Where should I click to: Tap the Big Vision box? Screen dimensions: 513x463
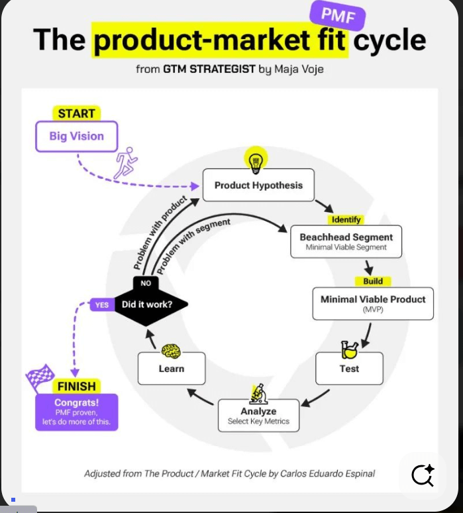click(x=76, y=137)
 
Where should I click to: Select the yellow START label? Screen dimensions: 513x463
click(x=76, y=113)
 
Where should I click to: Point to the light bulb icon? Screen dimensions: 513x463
click(x=255, y=160)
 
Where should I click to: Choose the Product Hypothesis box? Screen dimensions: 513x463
click(x=258, y=186)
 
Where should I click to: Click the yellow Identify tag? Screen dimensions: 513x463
click(x=345, y=219)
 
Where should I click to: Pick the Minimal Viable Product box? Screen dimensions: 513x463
click(x=373, y=304)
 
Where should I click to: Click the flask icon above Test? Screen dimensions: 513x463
click(x=349, y=350)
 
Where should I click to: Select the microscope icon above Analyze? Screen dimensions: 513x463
click(x=258, y=393)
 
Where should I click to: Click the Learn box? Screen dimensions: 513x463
click(x=172, y=369)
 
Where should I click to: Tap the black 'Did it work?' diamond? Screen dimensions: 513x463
click(x=146, y=305)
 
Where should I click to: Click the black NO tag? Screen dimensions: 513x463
click(x=146, y=283)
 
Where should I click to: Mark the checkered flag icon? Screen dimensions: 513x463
click(x=39, y=376)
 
